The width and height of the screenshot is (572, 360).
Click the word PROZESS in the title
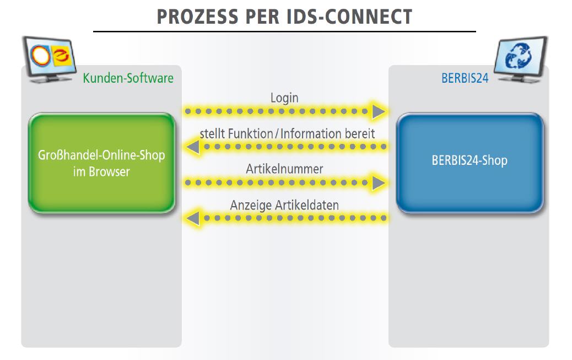point(197,17)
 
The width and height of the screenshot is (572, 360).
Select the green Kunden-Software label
point(128,78)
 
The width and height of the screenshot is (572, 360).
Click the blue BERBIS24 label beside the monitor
point(465,78)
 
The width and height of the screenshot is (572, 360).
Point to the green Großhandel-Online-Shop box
point(102,163)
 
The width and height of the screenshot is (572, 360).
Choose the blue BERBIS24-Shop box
point(470,163)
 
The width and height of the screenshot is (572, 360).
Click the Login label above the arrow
point(284,98)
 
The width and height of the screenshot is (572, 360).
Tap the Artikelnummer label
point(284,169)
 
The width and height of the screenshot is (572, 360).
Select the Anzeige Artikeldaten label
point(284,205)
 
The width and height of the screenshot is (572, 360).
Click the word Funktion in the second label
point(250,133)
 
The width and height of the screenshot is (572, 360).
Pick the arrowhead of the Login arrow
point(379,111)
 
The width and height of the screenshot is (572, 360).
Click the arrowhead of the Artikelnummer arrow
point(379,183)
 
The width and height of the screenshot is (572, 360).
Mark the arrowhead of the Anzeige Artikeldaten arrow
point(193,218)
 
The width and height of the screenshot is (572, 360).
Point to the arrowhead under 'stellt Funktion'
point(193,147)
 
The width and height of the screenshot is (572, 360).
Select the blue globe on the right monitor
point(519,56)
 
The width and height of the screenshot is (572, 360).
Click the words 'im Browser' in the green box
point(101,171)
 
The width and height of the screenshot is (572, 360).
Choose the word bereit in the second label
point(360,133)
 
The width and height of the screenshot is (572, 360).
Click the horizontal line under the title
point(284,32)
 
